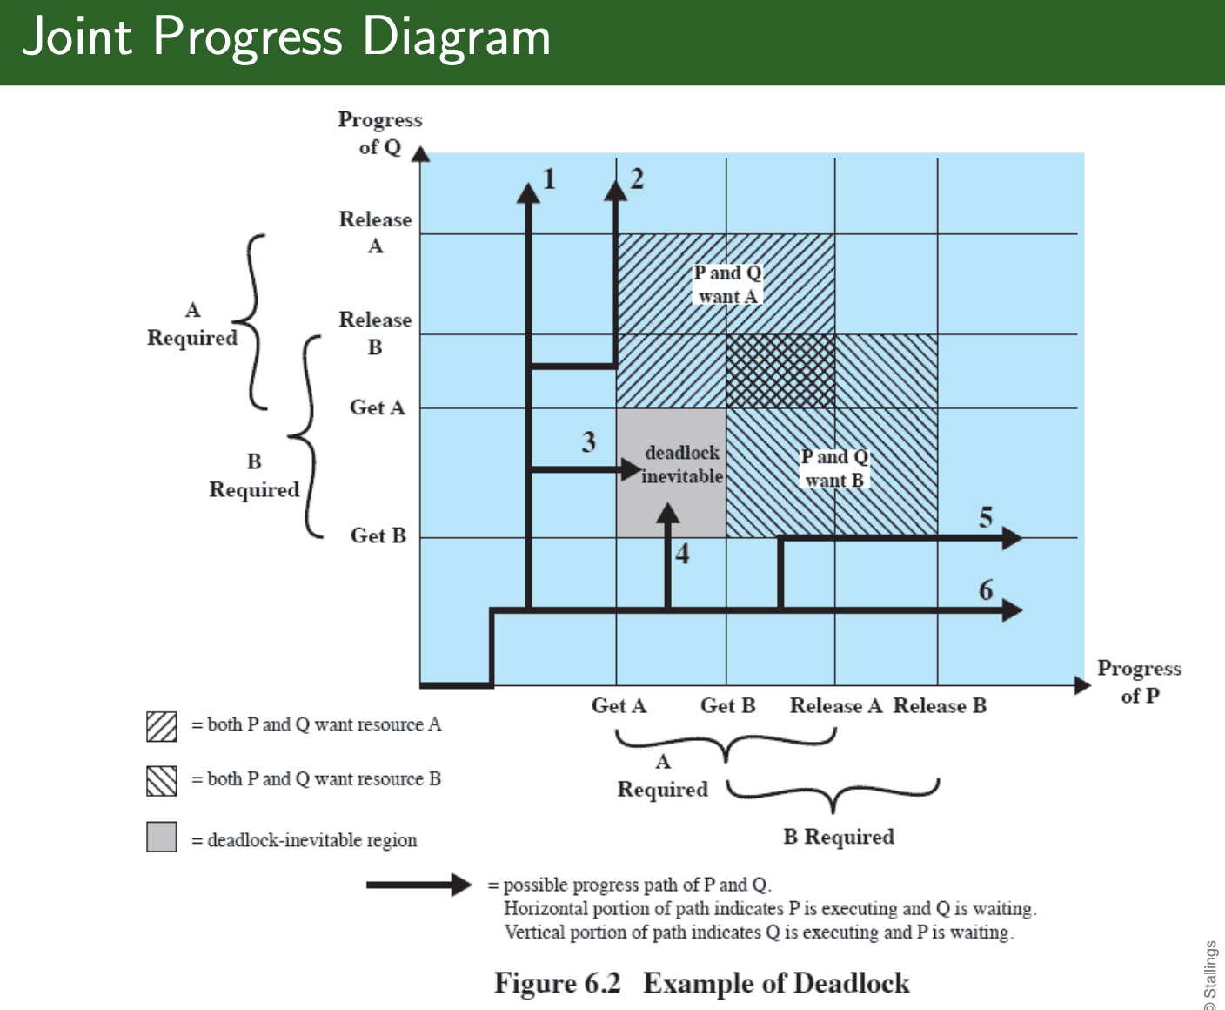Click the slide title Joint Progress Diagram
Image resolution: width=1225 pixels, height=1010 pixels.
click(286, 37)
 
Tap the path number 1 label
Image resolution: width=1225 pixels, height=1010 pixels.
click(549, 178)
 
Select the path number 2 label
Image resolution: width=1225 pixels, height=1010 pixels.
click(637, 178)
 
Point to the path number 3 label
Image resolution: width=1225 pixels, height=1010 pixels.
click(589, 441)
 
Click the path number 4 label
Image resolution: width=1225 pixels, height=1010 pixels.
click(682, 554)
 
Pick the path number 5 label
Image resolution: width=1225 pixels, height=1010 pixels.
click(986, 517)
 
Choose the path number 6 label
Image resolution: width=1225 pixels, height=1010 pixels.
click(986, 590)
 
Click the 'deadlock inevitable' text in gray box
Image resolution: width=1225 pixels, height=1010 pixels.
click(682, 464)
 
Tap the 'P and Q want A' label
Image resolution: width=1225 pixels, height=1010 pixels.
click(727, 285)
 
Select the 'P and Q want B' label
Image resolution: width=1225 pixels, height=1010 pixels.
click(834, 468)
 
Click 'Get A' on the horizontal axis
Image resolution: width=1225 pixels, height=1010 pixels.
click(619, 705)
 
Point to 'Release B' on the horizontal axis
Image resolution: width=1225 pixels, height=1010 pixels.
click(940, 705)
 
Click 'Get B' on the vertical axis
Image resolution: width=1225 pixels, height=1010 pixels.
click(378, 535)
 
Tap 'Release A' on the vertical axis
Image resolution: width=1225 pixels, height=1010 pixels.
click(375, 232)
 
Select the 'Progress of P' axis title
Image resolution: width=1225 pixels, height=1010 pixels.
click(1139, 681)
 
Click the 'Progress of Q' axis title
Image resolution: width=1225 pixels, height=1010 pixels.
click(380, 132)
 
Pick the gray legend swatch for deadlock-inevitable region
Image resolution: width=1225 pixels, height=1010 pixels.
click(162, 837)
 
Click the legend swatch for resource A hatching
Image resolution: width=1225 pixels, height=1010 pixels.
click(162, 726)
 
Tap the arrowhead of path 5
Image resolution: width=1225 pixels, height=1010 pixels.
click(1011, 538)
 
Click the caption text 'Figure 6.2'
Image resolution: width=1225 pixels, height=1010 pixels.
click(557, 983)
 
